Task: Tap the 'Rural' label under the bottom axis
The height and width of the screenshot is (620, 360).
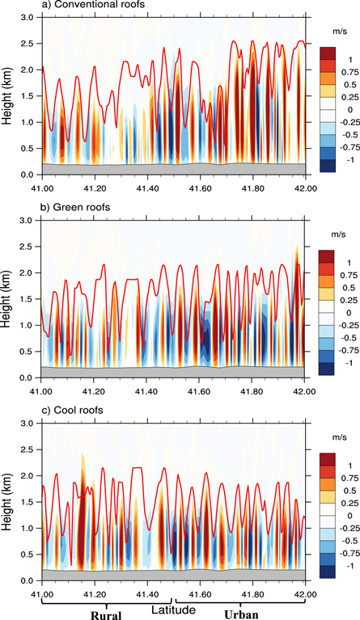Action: pyautogui.click(x=107, y=614)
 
